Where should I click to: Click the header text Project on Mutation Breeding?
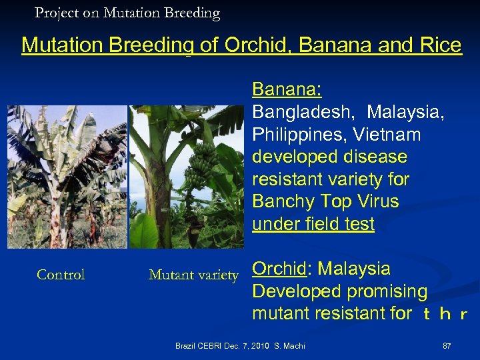pos(127,13)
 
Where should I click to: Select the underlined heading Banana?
pos(287,90)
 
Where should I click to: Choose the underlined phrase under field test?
pos(313,225)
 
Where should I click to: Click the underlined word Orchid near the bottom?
pos(278,269)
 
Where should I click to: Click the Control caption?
pos(61,275)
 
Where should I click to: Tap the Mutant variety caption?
pos(193,275)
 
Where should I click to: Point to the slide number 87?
pos(447,347)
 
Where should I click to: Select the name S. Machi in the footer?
pos(289,347)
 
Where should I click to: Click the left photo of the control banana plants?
pos(67,177)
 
